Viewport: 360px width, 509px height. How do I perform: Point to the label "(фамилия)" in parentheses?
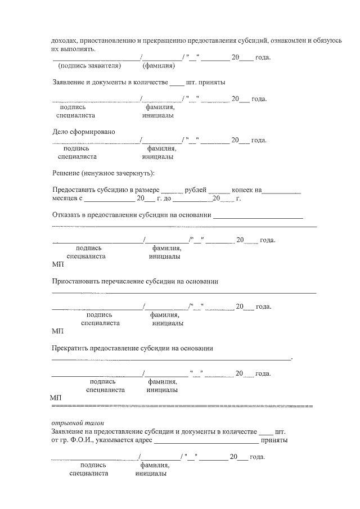(158, 66)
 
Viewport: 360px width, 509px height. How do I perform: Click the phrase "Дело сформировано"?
(83, 132)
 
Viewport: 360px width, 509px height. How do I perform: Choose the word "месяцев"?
(66, 199)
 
